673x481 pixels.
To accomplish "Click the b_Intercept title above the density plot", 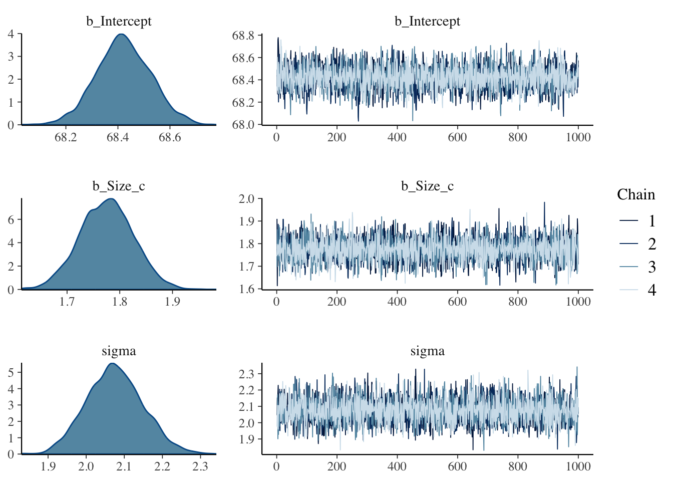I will click(x=119, y=22).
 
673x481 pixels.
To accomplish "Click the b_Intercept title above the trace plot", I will click(x=427, y=22).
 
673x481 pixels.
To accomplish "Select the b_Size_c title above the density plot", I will click(x=119, y=186).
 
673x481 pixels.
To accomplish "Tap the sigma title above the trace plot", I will click(x=427, y=351).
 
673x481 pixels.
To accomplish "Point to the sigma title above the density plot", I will click(x=119, y=351).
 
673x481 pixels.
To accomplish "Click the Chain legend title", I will click(x=636, y=194).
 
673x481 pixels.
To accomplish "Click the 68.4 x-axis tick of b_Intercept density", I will click(x=118, y=137).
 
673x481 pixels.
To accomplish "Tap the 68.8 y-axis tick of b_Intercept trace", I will click(x=243, y=36).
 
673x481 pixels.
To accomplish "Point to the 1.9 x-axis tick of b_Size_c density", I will click(x=172, y=302).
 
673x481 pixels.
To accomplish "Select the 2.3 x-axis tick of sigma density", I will click(x=200, y=466).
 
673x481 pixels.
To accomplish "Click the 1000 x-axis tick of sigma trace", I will click(x=578, y=466).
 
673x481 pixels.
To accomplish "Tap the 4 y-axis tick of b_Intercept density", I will click(x=11, y=34).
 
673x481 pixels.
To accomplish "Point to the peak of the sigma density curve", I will click(x=111, y=363).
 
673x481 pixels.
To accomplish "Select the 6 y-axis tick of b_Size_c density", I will click(x=11, y=219).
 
